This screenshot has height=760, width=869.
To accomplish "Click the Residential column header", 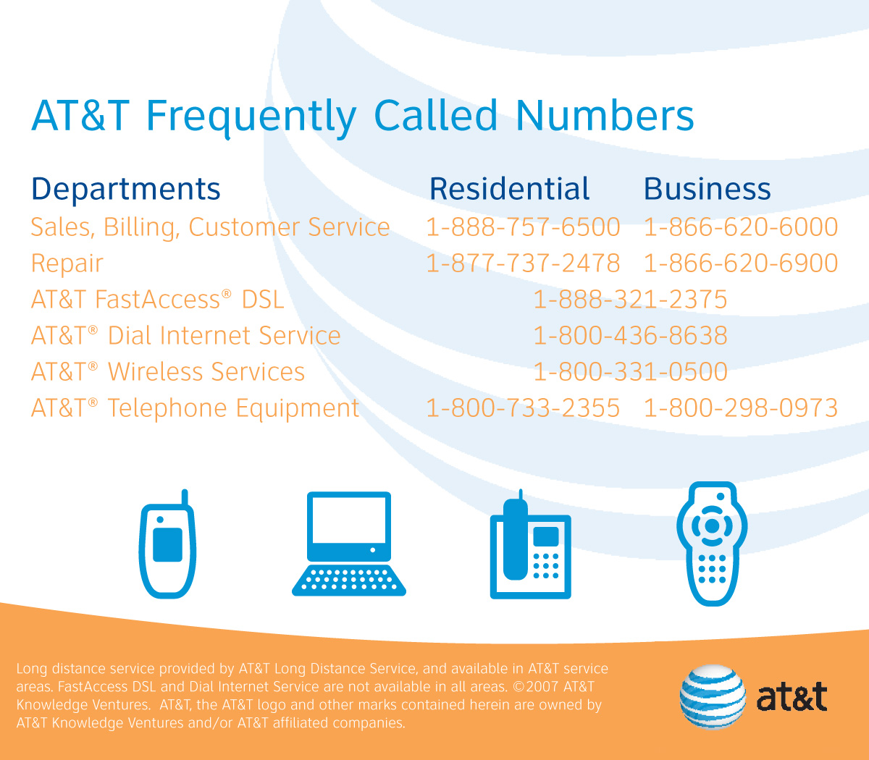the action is pyautogui.click(x=509, y=188).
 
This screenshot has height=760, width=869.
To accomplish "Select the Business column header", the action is pyautogui.click(x=707, y=188).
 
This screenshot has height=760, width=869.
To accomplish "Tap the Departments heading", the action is pyautogui.click(x=126, y=190).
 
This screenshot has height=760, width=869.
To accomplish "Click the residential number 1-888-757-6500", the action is pyautogui.click(x=523, y=227).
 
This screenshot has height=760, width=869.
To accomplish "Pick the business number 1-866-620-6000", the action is pyautogui.click(x=741, y=227).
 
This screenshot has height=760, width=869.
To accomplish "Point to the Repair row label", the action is pyautogui.click(x=67, y=264).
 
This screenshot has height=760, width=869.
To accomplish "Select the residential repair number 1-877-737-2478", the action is pyautogui.click(x=523, y=263).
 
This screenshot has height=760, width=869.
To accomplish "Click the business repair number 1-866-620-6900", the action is pyautogui.click(x=741, y=263).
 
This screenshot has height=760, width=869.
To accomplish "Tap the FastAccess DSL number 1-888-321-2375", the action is pyautogui.click(x=630, y=300).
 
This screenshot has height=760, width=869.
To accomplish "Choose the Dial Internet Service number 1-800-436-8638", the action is pyautogui.click(x=630, y=335).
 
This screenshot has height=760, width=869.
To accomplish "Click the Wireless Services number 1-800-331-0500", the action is pyautogui.click(x=630, y=371).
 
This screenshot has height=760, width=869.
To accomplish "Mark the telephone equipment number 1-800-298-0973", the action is pyautogui.click(x=741, y=408).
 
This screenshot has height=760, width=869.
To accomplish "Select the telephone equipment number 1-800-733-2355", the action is pyautogui.click(x=523, y=408).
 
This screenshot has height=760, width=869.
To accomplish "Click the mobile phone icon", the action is pyautogui.click(x=167, y=544).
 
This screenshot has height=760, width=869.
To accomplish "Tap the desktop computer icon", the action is pyautogui.click(x=349, y=544).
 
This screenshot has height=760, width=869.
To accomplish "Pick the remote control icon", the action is pyautogui.click(x=713, y=544).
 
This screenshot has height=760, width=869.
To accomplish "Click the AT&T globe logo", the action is pyautogui.click(x=713, y=697).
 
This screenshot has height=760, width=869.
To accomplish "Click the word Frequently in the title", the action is pyautogui.click(x=251, y=117).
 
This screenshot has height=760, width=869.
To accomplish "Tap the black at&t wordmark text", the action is pyautogui.click(x=792, y=697).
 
